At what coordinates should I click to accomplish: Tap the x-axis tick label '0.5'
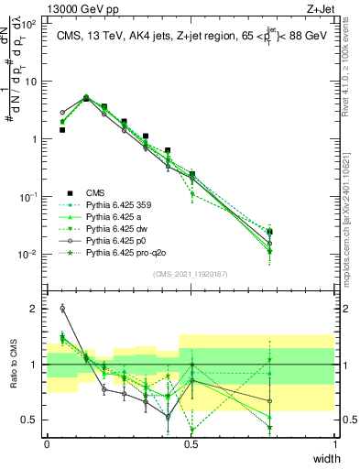tap(191, 442)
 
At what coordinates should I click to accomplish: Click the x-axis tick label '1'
tap(335, 442)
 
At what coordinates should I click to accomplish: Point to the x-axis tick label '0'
tap(47, 442)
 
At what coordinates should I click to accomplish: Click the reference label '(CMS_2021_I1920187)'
tap(191, 274)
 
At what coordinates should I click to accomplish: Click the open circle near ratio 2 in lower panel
tap(62, 308)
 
